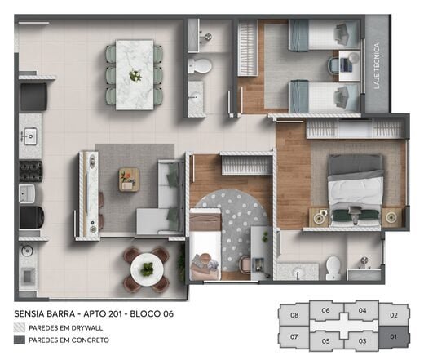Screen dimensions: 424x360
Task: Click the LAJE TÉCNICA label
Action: (x=377, y=66)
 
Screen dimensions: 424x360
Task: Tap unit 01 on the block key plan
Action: (x=394, y=337)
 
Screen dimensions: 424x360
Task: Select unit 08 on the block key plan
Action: (x=294, y=315)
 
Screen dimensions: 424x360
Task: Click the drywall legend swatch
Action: (x=20, y=328)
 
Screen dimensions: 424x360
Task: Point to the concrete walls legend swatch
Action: (x=20, y=340)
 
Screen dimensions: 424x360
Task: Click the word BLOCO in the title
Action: (x=145, y=313)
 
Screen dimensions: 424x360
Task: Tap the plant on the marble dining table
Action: (x=135, y=75)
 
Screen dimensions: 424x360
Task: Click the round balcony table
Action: (x=147, y=269)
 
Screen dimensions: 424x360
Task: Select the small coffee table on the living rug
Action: (x=129, y=180)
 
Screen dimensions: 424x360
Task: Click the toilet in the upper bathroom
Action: (x=200, y=65)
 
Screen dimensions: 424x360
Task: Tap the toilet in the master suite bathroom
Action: (x=333, y=268)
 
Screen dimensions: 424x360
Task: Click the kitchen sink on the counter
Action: (x=29, y=136)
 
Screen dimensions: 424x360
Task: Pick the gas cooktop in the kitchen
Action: (x=30, y=171)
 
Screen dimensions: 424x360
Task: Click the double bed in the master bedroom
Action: (x=355, y=190)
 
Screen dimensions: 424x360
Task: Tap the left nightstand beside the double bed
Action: (x=318, y=217)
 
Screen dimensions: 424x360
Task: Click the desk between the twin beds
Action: (x=350, y=65)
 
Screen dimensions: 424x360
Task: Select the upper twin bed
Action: (x=325, y=35)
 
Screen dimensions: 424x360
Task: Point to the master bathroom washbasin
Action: (x=298, y=271)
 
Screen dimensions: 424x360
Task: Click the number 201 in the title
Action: (x=115, y=313)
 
